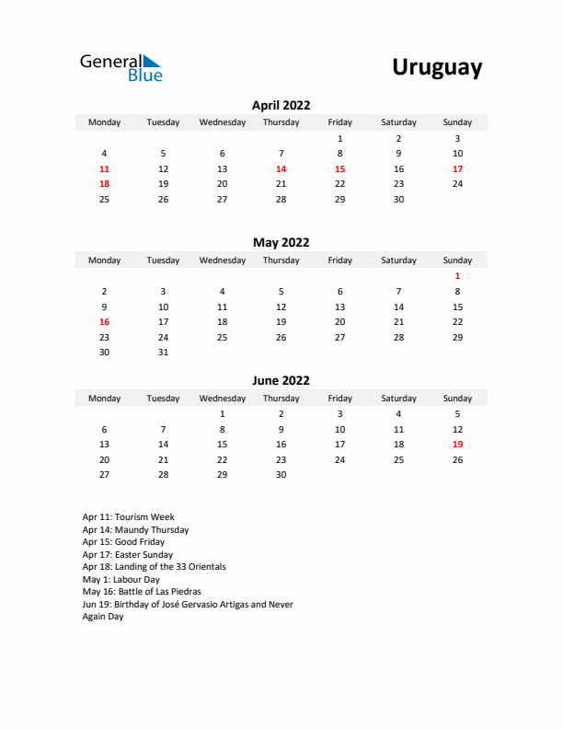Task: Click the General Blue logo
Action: point(121,67)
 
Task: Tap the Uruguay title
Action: point(437,67)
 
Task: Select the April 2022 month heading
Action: point(281,106)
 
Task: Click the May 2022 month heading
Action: point(281,243)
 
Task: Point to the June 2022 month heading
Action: point(281,380)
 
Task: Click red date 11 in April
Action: point(104,168)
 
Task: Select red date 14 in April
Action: point(281,168)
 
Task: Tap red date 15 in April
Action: point(339,168)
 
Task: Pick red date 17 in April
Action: point(457,168)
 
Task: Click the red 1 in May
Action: point(457,275)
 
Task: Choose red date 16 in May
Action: point(104,321)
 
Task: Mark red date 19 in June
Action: point(457,444)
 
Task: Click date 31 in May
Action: point(163,353)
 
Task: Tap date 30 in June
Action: point(281,475)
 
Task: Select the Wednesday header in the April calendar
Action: point(222,122)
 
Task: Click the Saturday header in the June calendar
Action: point(398,399)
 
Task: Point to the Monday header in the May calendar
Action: point(104,260)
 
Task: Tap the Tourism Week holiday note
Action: point(128,517)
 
